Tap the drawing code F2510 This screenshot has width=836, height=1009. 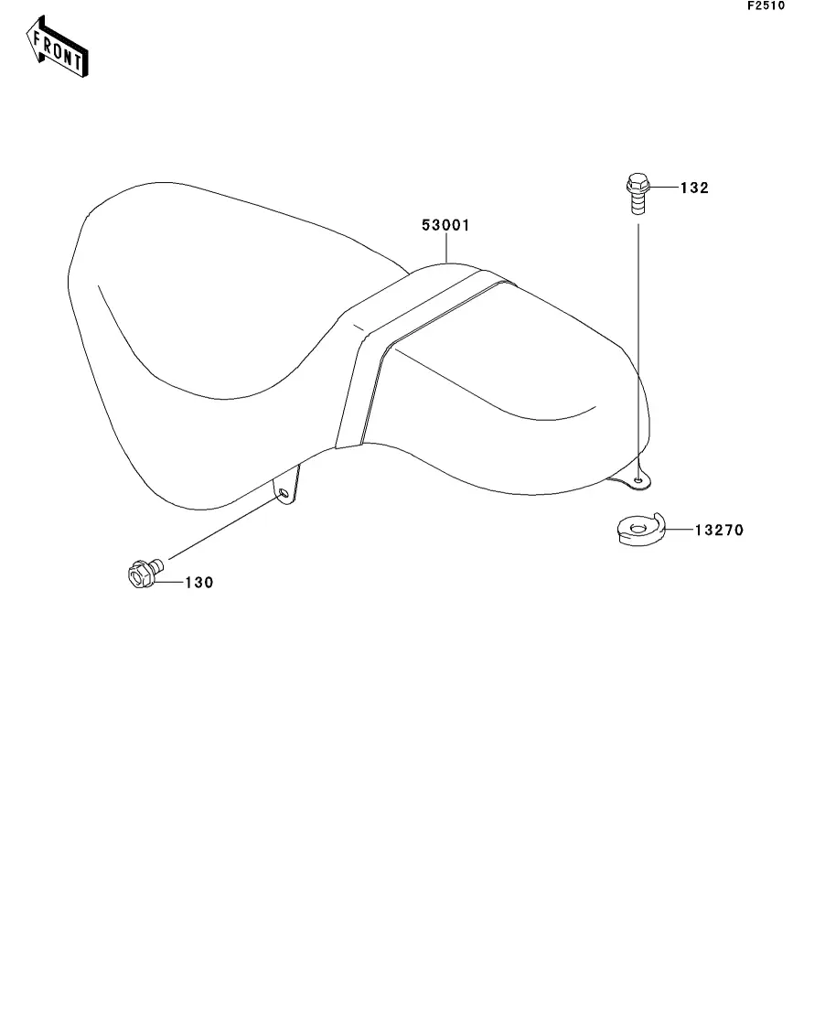click(766, 5)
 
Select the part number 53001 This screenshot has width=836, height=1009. click(445, 225)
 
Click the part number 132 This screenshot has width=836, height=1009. click(695, 188)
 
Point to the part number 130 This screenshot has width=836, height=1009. click(199, 583)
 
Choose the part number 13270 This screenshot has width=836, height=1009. click(718, 529)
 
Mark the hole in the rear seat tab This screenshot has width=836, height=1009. click(638, 478)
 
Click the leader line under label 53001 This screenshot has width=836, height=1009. click(445, 249)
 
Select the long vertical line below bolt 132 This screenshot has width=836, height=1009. click(638, 348)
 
